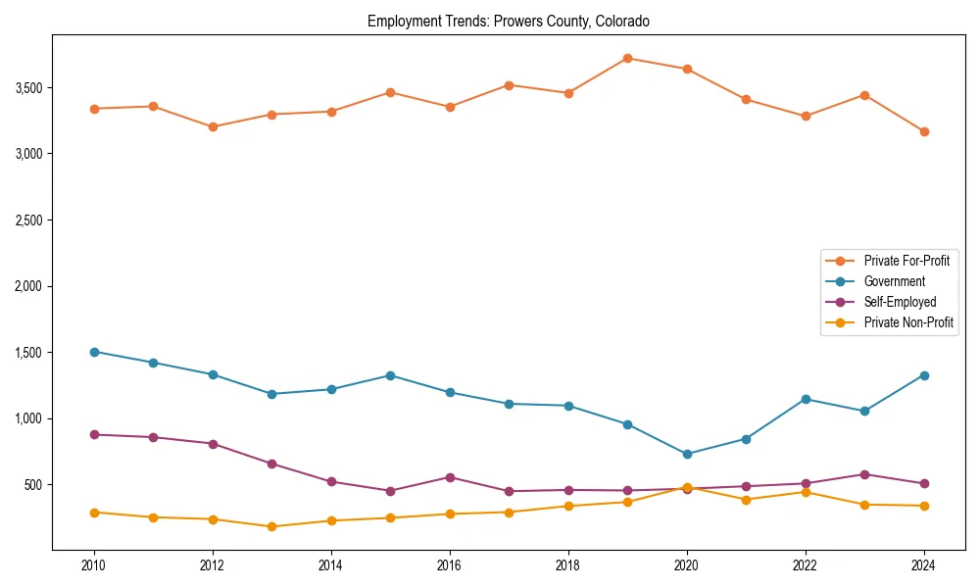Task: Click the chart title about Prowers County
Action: pyautogui.click(x=508, y=21)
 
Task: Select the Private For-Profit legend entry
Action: pyautogui.click(x=906, y=261)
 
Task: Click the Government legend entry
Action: pyautogui.click(x=894, y=281)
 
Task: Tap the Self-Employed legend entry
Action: pyautogui.click(x=900, y=302)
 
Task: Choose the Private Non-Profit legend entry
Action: pyautogui.click(x=908, y=322)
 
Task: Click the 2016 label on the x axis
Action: pyautogui.click(x=450, y=565)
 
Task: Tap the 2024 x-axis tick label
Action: pyautogui.click(x=924, y=565)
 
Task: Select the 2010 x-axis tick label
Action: pyautogui.click(x=94, y=565)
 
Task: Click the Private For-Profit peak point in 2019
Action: pyautogui.click(x=627, y=58)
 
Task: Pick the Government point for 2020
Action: pyautogui.click(x=687, y=454)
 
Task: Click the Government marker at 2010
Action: pyautogui.click(x=94, y=352)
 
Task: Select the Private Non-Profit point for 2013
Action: pyautogui.click(x=271, y=526)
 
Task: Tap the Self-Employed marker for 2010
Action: pyautogui.click(x=94, y=434)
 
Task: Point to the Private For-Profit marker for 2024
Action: pyautogui.click(x=924, y=131)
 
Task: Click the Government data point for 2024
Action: pyautogui.click(x=924, y=375)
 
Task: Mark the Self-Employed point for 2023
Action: pyautogui.click(x=864, y=474)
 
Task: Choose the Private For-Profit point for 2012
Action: pyautogui.click(x=213, y=126)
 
